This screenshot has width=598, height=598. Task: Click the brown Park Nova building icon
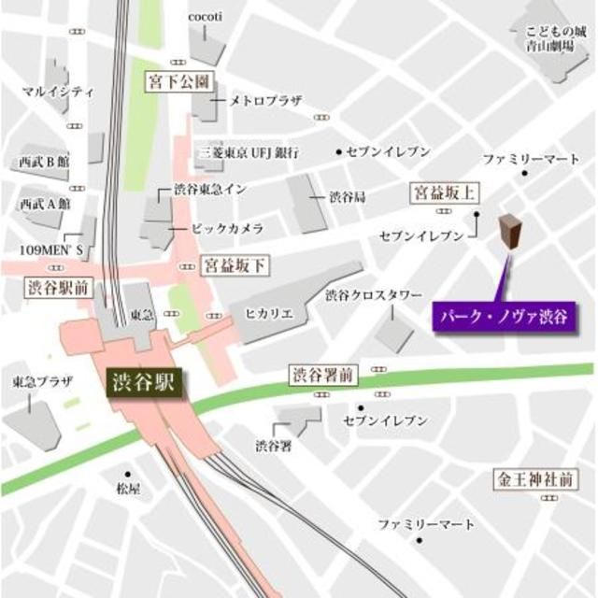coord(509,234)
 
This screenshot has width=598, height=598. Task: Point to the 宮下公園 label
coord(182,82)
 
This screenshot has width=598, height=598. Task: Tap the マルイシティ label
coord(59,92)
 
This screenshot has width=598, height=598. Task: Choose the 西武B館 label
coord(43,162)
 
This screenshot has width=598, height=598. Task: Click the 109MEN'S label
coord(53,250)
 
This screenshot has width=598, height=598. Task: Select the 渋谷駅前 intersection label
coord(57,287)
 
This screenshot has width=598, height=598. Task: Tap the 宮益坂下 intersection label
coord(235,266)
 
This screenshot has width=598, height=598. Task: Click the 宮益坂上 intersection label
coord(445,193)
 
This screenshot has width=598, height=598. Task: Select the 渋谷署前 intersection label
coord(321,377)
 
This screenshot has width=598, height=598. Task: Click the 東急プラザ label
coord(36,383)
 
